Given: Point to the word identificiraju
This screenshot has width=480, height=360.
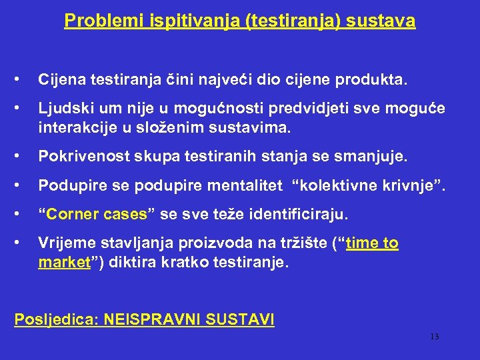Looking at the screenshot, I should (x=303, y=215).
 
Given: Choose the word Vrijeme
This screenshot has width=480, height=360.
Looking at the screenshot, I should (x=66, y=244).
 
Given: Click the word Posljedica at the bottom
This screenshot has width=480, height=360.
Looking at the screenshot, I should (x=55, y=320).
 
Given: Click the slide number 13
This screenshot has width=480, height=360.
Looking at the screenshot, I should (x=434, y=337).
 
